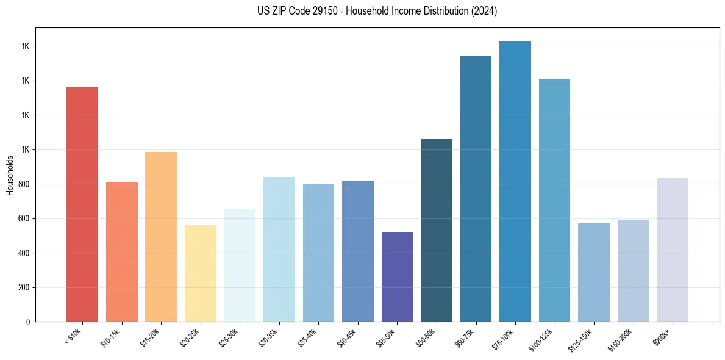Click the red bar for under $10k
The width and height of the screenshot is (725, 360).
[82, 204]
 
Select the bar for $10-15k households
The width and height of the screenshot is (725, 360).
[121, 251]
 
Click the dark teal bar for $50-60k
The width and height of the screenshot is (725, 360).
[437, 230]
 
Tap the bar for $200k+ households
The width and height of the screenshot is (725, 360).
[673, 250]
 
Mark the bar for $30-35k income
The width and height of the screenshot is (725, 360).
[279, 249]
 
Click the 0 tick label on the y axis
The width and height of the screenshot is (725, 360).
[28, 322]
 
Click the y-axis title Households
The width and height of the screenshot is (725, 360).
[10, 175]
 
